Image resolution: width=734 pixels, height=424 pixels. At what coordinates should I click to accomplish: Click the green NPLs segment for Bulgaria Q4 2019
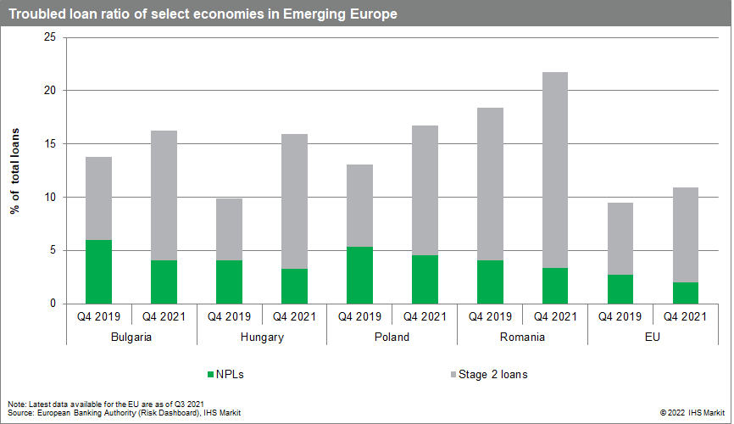[x=98, y=271]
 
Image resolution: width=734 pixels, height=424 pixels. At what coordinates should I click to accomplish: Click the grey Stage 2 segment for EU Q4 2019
[x=620, y=238]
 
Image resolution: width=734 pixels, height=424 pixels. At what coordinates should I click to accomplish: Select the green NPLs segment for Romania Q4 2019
[x=490, y=282]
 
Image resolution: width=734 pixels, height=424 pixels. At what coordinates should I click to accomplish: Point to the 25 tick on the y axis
[x=49, y=37]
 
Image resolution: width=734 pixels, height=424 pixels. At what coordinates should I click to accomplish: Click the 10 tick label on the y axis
[x=49, y=197]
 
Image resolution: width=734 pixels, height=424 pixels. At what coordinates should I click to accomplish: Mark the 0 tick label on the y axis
[x=53, y=304]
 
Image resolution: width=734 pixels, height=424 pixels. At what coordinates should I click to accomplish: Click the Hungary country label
[x=262, y=337]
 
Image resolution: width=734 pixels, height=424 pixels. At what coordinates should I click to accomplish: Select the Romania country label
[x=522, y=337]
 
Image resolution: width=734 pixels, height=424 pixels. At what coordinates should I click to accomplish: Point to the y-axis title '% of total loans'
[x=15, y=170]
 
